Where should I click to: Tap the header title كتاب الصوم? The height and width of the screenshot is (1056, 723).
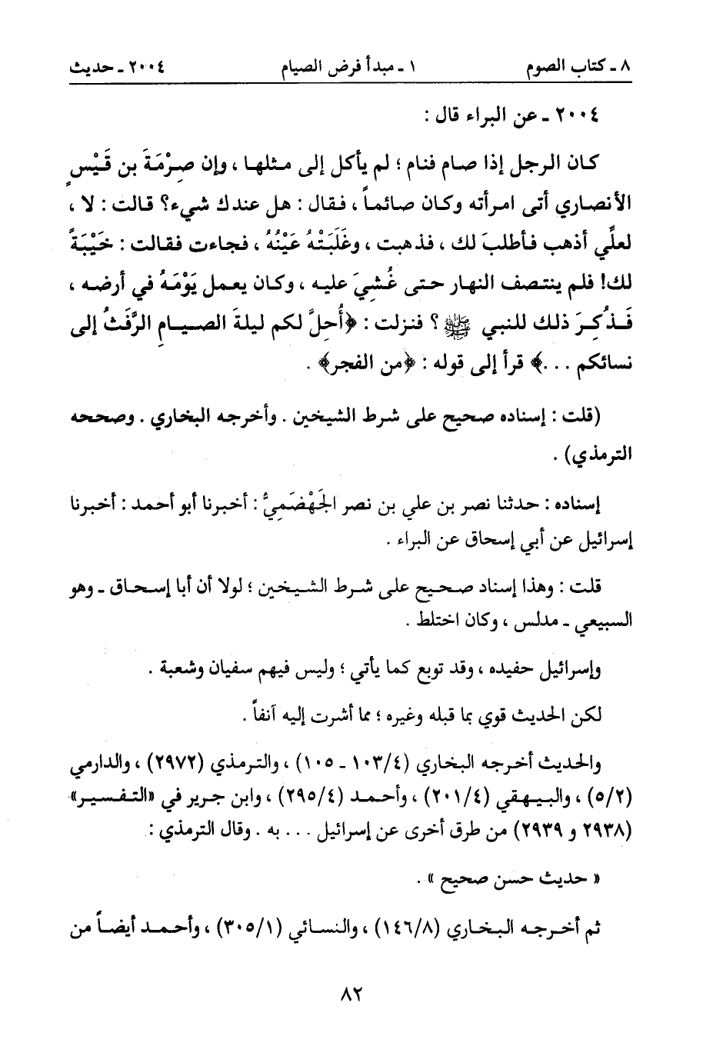pyautogui.click(x=580, y=68)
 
